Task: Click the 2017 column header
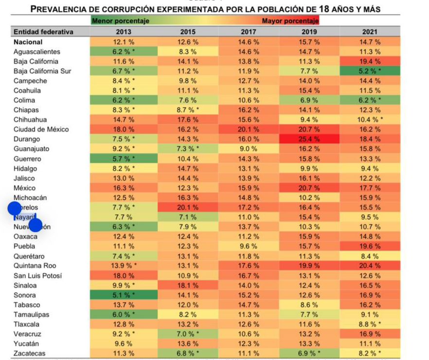pyautogui.click(x=249, y=32)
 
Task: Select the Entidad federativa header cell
pyautogui.click(x=44, y=32)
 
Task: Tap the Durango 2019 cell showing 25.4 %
pyautogui.click(x=309, y=139)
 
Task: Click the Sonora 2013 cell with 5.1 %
pyautogui.click(x=124, y=295)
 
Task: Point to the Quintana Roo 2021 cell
pyautogui.click(x=370, y=266)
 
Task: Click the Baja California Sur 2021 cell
pyautogui.click(x=370, y=71)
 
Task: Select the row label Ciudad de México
pyautogui.click(x=41, y=129)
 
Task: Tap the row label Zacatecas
pyautogui.click(x=30, y=353)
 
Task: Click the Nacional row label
pyautogui.click(x=28, y=42)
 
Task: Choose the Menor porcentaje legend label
pyautogui.click(x=121, y=21)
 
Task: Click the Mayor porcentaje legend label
pyautogui.click(x=290, y=21)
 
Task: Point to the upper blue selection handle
pyautogui.click(x=15, y=208)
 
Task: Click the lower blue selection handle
pyautogui.click(x=35, y=225)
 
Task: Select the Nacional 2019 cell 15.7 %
pyautogui.click(x=309, y=42)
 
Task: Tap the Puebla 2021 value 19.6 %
pyautogui.click(x=370, y=246)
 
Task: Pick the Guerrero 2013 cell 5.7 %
pyautogui.click(x=124, y=159)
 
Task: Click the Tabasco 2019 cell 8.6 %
pyautogui.click(x=309, y=305)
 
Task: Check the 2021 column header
pyautogui.click(x=370, y=32)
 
